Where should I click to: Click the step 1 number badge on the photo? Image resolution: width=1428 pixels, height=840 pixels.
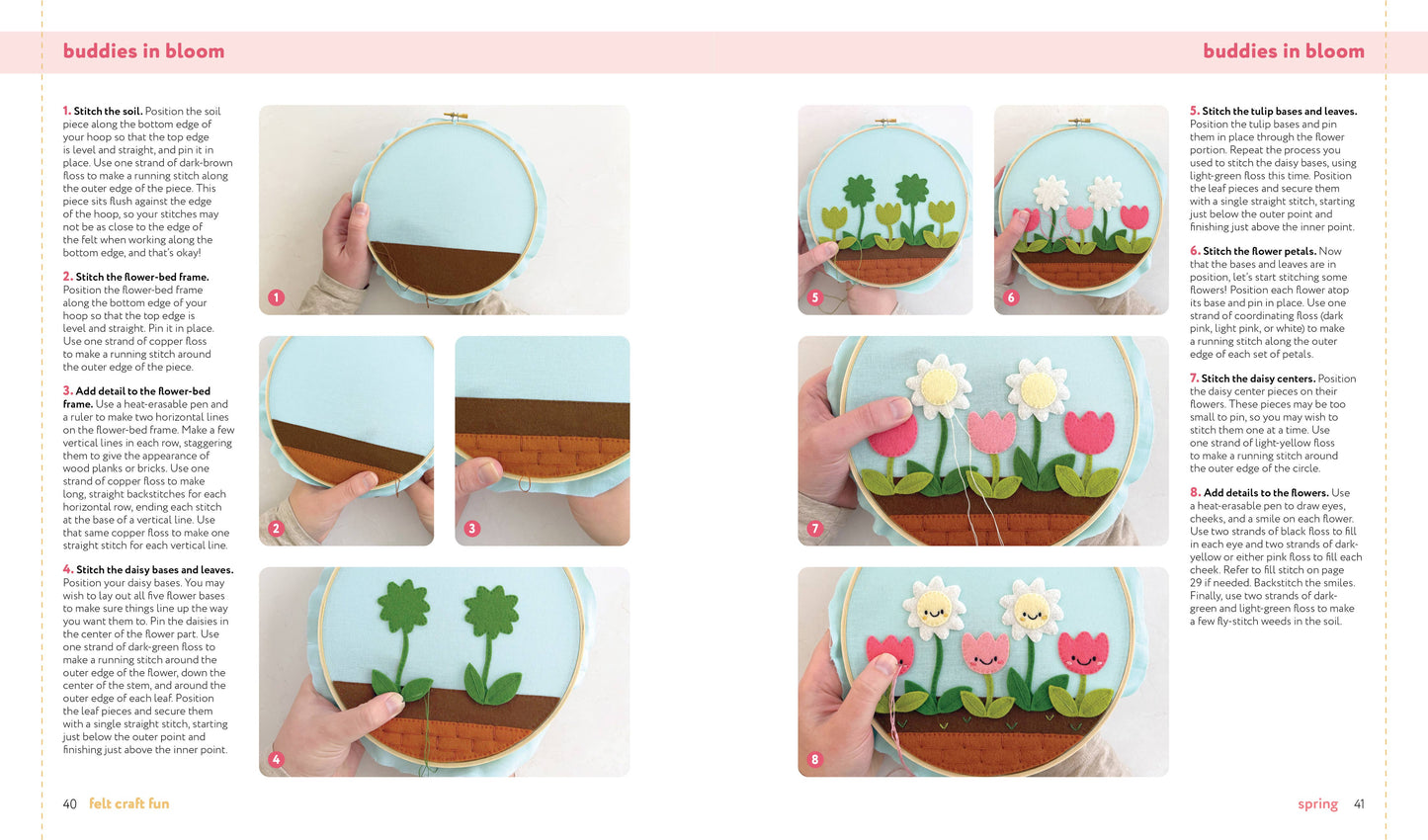276,297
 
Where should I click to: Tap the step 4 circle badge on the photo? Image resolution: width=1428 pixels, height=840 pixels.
276,759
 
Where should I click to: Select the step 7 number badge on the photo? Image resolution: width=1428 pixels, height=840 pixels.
815,529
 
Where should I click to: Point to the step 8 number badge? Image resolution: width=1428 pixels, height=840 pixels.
815,759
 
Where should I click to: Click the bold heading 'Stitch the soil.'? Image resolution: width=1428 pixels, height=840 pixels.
108,112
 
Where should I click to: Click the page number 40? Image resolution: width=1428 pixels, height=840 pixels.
69,804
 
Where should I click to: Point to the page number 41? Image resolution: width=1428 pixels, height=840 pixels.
1359,804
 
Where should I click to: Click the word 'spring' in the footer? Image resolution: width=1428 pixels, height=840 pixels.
1317,804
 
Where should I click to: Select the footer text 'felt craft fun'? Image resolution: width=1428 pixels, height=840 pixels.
129,804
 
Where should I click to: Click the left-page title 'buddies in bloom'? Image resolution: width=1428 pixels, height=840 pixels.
143,51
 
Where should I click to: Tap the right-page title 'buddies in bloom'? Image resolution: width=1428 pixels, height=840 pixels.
1283,51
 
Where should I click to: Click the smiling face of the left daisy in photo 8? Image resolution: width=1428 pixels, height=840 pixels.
933,608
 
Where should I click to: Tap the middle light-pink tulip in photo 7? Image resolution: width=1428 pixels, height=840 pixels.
991,432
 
